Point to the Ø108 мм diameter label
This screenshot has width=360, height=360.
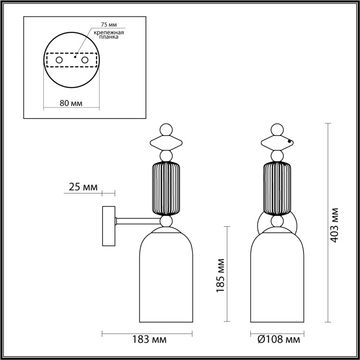coord(278,340)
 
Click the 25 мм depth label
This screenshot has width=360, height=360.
coord(82,188)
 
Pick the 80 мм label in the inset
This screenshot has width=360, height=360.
coord(71,102)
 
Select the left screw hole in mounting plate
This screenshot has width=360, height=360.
coord(59,61)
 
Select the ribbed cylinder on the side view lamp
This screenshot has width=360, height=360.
coord(166,188)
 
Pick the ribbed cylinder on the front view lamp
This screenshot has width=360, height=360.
coord(278,188)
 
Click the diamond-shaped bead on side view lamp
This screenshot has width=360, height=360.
coord(166,141)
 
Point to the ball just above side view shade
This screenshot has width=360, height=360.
coord(166,222)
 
